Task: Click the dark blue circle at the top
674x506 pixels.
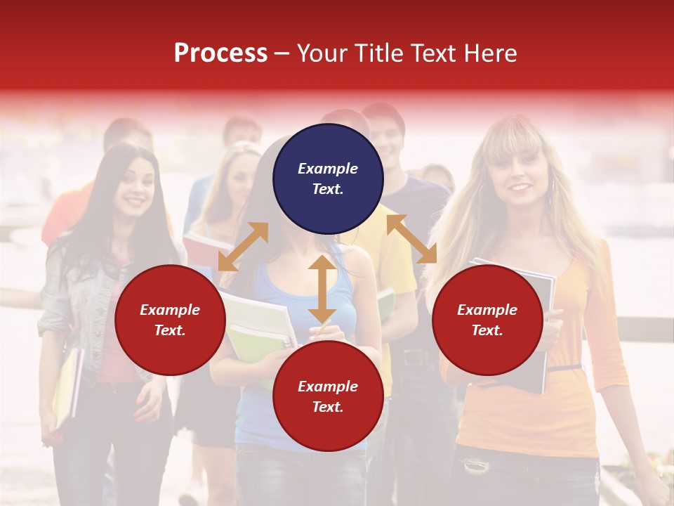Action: pyautogui.click(x=328, y=179)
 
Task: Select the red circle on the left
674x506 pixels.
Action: pyautogui.click(x=170, y=320)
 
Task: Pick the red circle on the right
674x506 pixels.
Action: pyautogui.click(x=487, y=320)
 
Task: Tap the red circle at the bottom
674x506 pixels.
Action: pyautogui.click(x=328, y=396)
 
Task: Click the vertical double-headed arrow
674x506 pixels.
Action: pyautogui.click(x=322, y=289)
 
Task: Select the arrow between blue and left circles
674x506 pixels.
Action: pyautogui.click(x=243, y=247)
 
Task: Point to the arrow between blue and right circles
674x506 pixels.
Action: pyautogui.click(x=411, y=239)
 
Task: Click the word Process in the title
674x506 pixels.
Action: pyautogui.click(x=220, y=53)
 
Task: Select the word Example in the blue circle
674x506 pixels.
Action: pyautogui.click(x=328, y=169)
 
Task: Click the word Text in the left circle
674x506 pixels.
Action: pyautogui.click(x=168, y=330)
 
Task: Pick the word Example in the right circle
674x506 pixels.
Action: pyautogui.click(x=487, y=310)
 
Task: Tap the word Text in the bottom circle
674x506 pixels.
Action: pyautogui.click(x=326, y=407)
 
